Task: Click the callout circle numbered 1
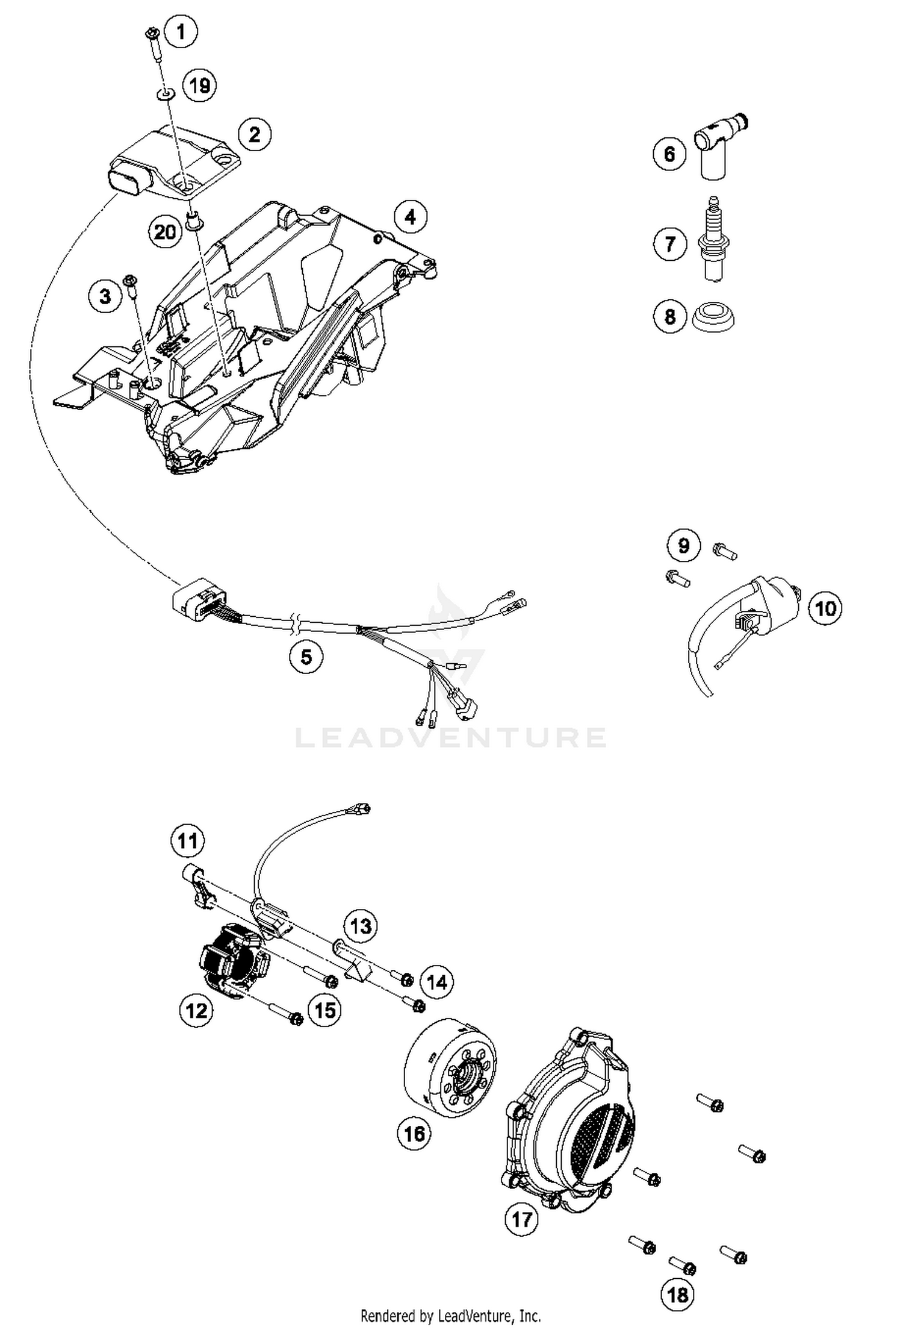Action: pyautogui.click(x=181, y=31)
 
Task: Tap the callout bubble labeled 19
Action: pyautogui.click(x=199, y=85)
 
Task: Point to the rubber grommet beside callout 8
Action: pyautogui.click(x=713, y=316)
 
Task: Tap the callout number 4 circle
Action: pyautogui.click(x=411, y=217)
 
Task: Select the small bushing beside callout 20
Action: pyautogui.click(x=194, y=220)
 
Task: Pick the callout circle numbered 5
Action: pyautogui.click(x=306, y=657)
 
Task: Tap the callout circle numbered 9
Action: pyautogui.click(x=683, y=546)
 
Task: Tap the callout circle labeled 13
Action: pyautogui.click(x=361, y=926)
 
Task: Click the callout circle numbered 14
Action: pyautogui.click(x=436, y=982)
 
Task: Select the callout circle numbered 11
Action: pyautogui.click(x=187, y=840)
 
